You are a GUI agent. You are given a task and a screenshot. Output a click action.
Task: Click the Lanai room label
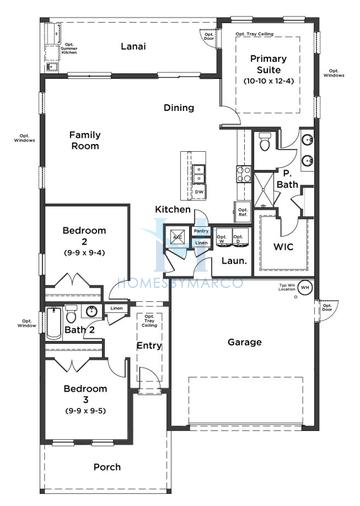pos(134,47)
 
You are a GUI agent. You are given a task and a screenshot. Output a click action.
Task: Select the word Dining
pos(180,107)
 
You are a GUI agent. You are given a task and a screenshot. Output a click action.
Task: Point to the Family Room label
pos(87,140)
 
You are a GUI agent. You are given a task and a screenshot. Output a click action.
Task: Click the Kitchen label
pos(172,209)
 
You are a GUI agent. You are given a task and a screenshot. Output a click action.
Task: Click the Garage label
pos(244,342)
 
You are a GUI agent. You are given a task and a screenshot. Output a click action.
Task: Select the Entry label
pos(149,346)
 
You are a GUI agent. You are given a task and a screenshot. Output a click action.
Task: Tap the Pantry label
pos(201,230)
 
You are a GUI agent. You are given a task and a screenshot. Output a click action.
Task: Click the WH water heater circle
pos(305,288)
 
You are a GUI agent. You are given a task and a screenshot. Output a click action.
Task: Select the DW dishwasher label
pos(199,192)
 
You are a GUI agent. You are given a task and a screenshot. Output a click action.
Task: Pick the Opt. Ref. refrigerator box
pos(242,211)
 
